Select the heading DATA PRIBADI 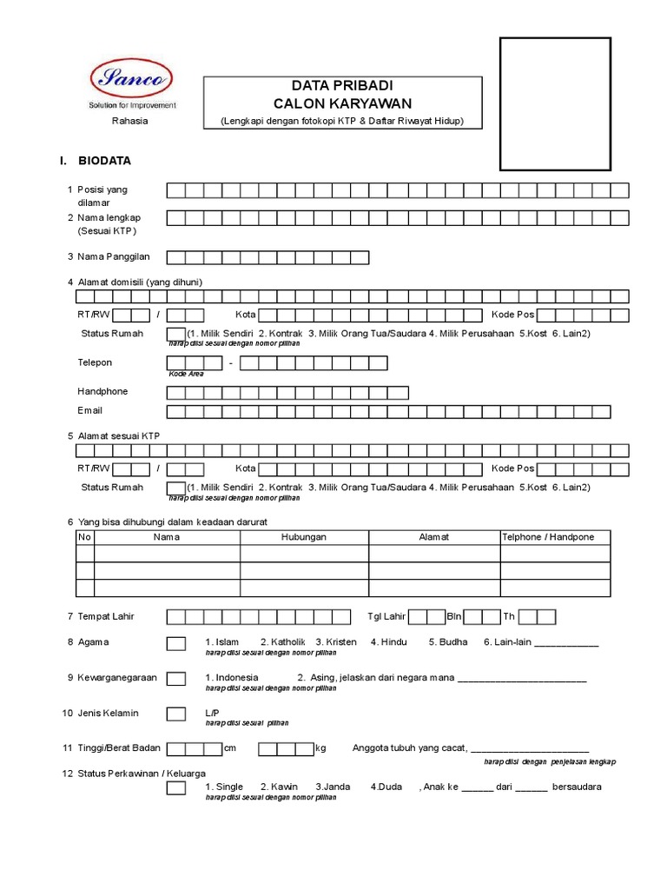[342, 87]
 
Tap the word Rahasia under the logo [130, 121]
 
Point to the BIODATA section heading [105, 161]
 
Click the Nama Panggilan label [114, 256]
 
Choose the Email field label [90, 410]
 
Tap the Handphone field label [102, 392]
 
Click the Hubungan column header [304, 537]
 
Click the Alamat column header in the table [434, 537]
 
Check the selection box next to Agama [175, 643]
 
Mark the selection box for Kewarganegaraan [175, 678]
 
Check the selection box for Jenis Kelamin [175, 714]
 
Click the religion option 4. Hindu [388, 642]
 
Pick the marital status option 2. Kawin [279, 787]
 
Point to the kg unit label [320, 748]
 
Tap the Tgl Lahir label [386, 617]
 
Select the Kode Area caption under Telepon [186, 373]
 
